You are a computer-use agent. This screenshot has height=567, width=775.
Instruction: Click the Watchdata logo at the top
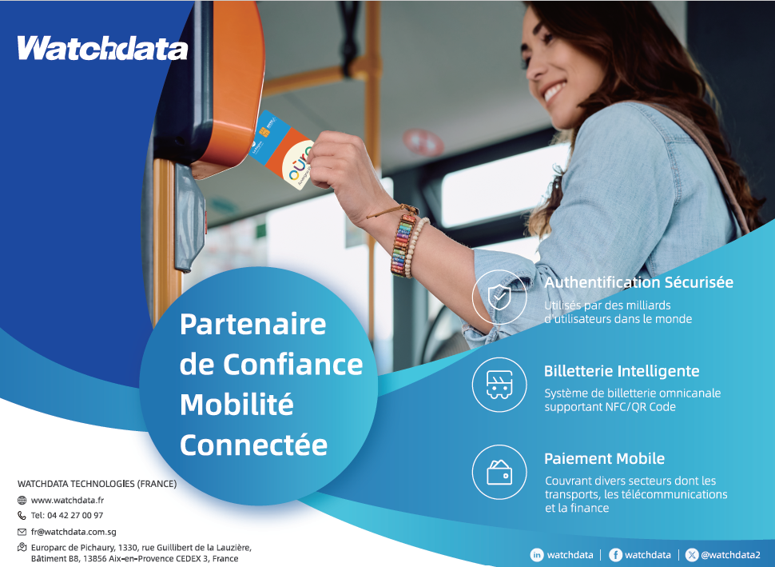pyautogui.click(x=103, y=49)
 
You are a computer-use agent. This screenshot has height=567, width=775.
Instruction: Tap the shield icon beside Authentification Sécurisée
pyautogui.click(x=499, y=297)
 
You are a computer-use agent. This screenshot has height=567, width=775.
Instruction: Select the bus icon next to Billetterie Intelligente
pyautogui.click(x=499, y=385)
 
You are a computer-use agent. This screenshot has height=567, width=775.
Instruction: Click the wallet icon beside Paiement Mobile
pyautogui.click(x=499, y=473)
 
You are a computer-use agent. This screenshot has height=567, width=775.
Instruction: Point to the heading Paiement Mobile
pyautogui.click(x=604, y=459)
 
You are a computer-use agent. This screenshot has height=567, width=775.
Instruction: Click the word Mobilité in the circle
pyautogui.click(x=236, y=404)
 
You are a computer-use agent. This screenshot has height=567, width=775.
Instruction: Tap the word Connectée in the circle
pyautogui.click(x=253, y=445)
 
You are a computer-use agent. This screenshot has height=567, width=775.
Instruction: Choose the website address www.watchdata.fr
pyautogui.click(x=67, y=500)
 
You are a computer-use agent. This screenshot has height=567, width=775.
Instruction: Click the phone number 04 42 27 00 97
pyautogui.click(x=75, y=515)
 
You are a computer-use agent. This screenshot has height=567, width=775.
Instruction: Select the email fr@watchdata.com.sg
pyautogui.click(x=74, y=532)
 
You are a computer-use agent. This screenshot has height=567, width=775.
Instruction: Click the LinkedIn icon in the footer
pyautogui.click(x=537, y=555)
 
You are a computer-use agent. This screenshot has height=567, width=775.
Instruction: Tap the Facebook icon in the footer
pyautogui.click(x=615, y=555)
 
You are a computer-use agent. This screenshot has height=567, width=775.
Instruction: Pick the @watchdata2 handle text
pyautogui.click(x=730, y=555)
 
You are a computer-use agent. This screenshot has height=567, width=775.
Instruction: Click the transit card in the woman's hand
pyautogui.click(x=283, y=150)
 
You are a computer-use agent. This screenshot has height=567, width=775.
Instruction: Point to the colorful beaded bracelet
pyautogui.click(x=403, y=245)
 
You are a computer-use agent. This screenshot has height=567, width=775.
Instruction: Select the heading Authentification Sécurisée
pyautogui.click(x=638, y=282)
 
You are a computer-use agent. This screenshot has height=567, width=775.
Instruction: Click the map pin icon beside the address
pyautogui.click(x=22, y=547)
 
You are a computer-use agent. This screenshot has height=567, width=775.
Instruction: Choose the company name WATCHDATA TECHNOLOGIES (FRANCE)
pyautogui.click(x=97, y=483)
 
